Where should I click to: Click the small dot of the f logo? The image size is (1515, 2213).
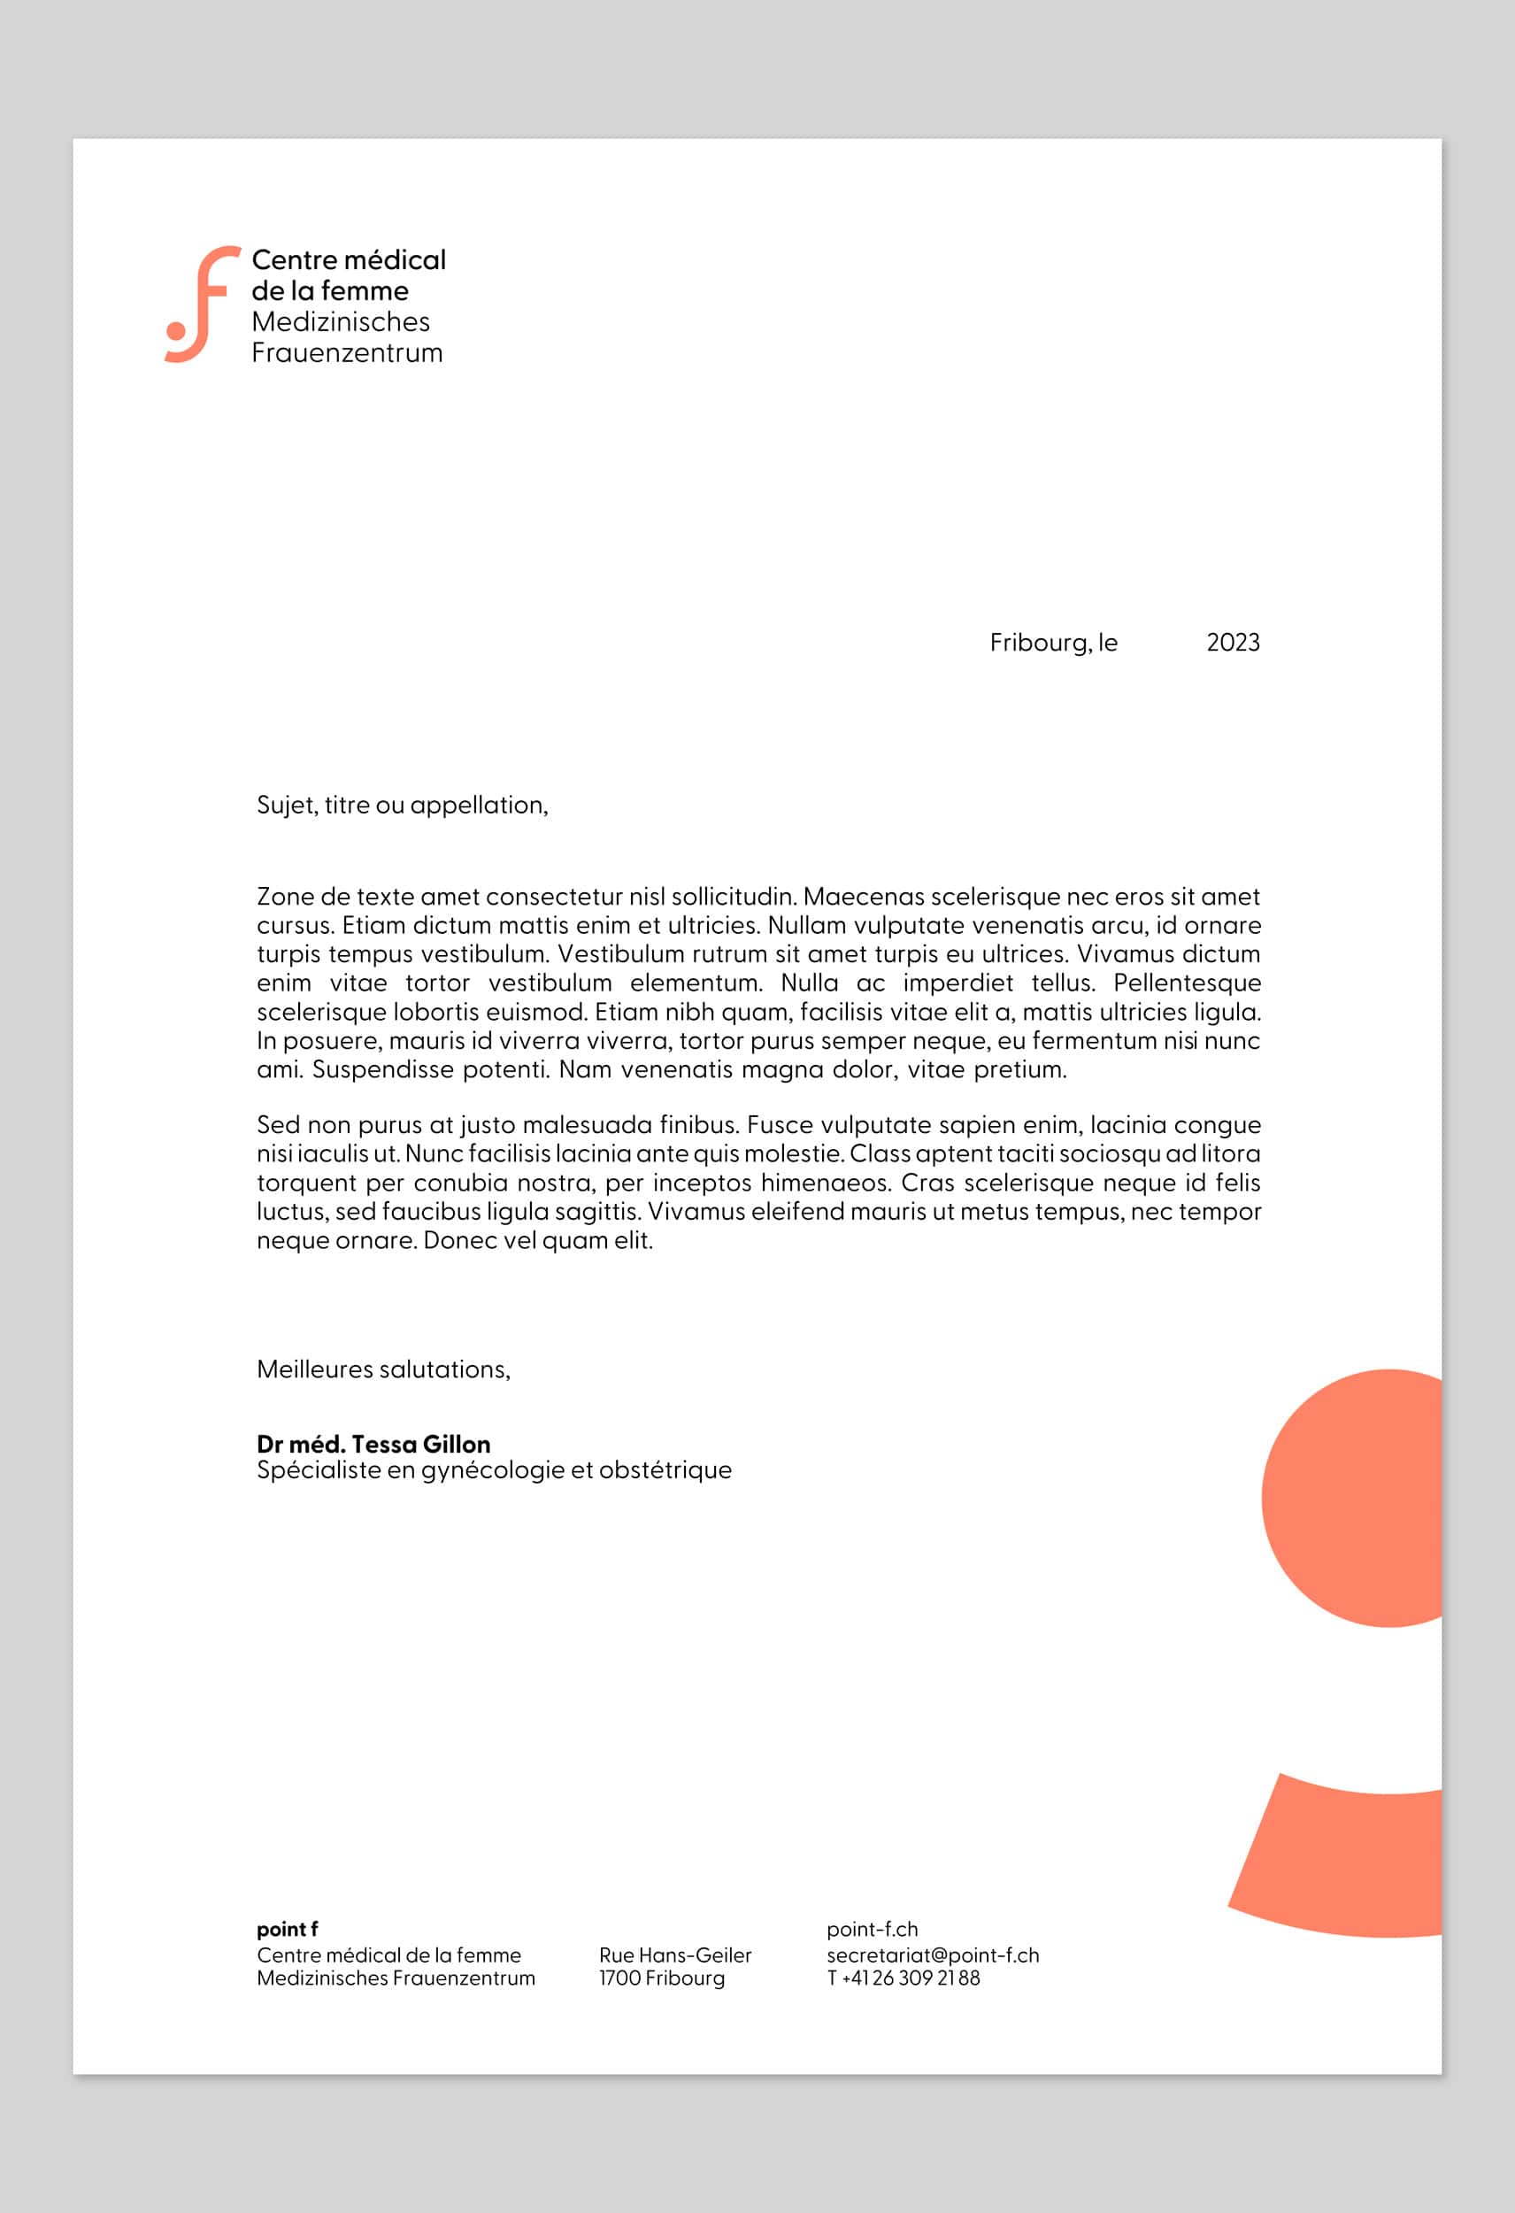(x=176, y=330)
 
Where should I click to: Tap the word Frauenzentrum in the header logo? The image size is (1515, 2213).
(x=347, y=353)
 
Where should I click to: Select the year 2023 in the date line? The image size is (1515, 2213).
(x=1232, y=643)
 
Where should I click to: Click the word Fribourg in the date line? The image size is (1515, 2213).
(x=1039, y=643)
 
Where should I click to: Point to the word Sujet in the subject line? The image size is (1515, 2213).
(x=286, y=806)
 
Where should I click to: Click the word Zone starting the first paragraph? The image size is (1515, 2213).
(x=285, y=897)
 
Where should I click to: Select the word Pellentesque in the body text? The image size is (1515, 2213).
(x=1187, y=983)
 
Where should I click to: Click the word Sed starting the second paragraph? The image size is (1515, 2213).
(x=279, y=1126)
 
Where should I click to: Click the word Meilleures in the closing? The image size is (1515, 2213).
(x=314, y=1369)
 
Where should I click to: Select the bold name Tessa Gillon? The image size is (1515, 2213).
(x=421, y=1445)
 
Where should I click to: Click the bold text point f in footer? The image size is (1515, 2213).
(x=287, y=1929)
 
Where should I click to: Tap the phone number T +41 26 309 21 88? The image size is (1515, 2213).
(x=903, y=1978)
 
